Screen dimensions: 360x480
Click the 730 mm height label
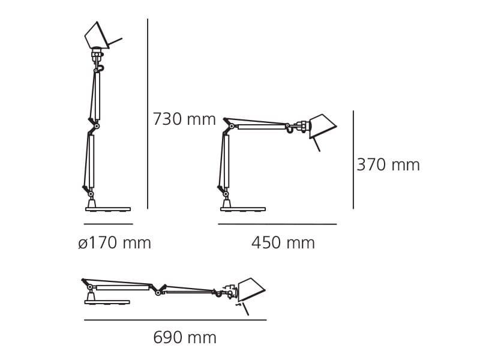point(184,119)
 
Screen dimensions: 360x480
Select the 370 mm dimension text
point(388,165)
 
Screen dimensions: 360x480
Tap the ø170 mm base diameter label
point(115,243)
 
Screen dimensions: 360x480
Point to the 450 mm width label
point(283,243)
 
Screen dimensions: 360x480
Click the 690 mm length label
point(184,338)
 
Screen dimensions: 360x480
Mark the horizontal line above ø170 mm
point(108,224)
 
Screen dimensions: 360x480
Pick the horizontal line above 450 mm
point(277,224)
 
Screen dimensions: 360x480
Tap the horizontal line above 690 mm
point(175,320)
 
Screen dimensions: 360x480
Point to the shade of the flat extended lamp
point(250,289)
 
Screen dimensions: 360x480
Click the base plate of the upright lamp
point(108,209)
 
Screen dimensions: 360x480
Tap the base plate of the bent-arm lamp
point(242,209)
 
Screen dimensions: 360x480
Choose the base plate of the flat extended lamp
point(107,302)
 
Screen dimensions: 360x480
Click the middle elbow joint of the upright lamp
point(96,126)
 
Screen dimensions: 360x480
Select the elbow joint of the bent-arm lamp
point(231,126)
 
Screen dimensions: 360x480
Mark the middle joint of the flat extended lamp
point(158,292)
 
